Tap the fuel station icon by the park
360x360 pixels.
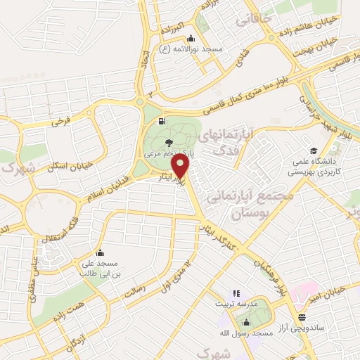tap(163, 122)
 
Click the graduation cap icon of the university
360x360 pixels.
tap(313, 150)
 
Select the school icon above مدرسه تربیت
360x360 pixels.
tap(236, 293)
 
